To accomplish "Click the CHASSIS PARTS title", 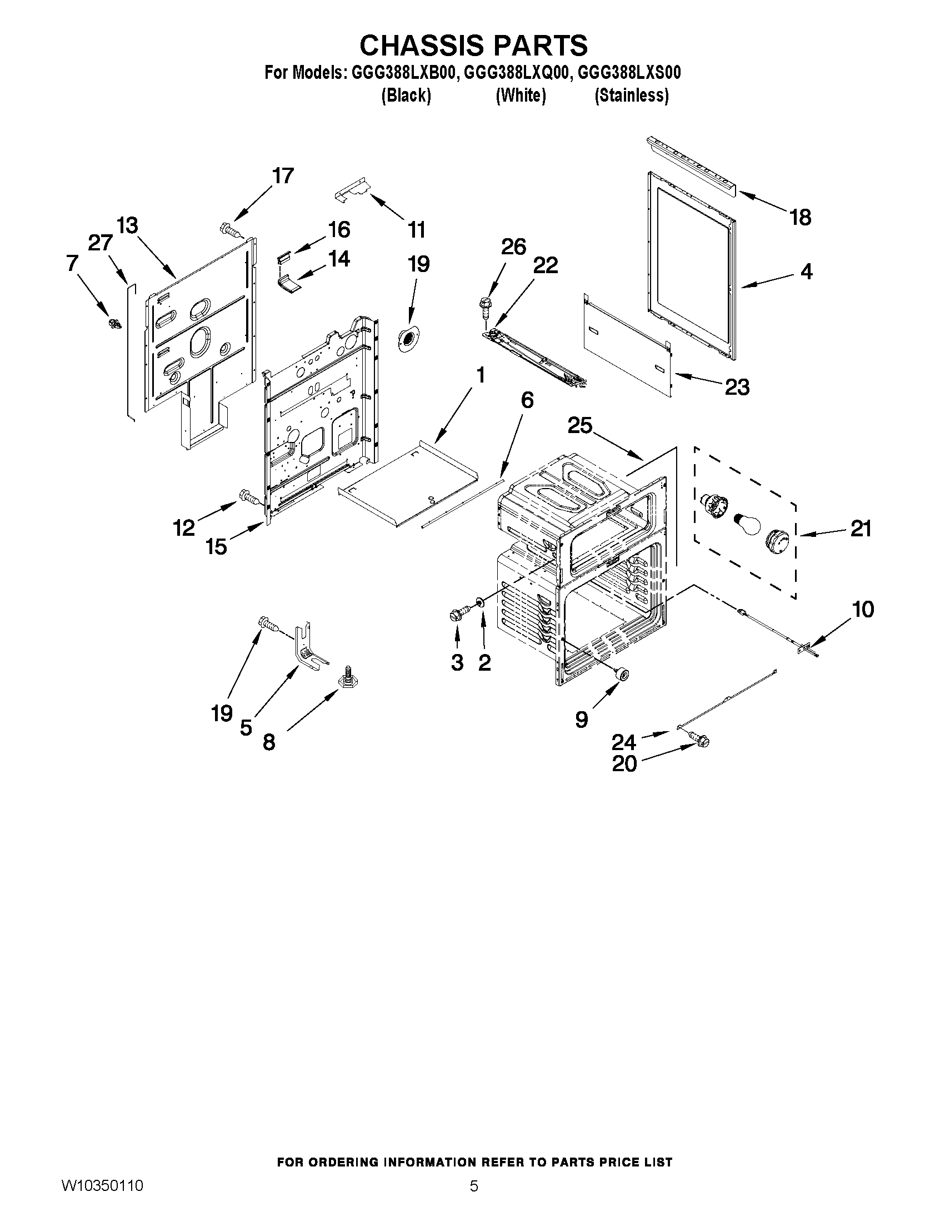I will (x=473, y=46).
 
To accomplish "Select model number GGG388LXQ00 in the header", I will (x=516, y=73).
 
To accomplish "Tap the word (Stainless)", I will (x=631, y=95).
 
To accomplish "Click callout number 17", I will (x=283, y=175).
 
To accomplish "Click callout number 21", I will (x=861, y=528).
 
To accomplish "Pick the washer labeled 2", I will (x=481, y=602).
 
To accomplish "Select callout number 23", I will (x=737, y=386).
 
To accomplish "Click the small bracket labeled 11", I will (x=352, y=189).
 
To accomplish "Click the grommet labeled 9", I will (x=621, y=674).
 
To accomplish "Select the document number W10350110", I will (x=102, y=1196).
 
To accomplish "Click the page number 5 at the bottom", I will (x=474, y=1198).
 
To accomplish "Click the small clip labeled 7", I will (x=115, y=323).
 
